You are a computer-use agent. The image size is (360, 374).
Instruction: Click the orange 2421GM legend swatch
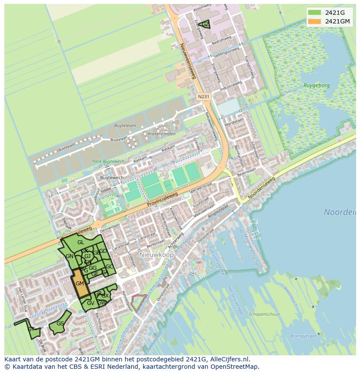[x=316, y=21]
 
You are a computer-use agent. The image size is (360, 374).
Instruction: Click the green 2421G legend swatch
[x=316, y=13]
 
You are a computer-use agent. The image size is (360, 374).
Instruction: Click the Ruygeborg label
[x=317, y=86]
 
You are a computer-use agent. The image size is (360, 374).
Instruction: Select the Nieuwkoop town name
[x=157, y=255]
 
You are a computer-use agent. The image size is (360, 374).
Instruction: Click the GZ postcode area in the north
[x=205, y=24]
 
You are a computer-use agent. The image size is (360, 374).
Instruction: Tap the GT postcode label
[x=31, y=329]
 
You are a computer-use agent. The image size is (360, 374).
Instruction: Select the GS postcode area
[x=60, y=324]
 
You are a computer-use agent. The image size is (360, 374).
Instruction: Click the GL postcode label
[x=81, y=242]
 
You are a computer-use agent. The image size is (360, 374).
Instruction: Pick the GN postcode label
[x=70, y=256]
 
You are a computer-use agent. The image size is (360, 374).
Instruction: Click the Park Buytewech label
[x=108, y=162]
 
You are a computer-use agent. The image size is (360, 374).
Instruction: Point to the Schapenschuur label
[x=264, y=314]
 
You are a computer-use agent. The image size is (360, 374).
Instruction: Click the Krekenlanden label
[x=162, y=134]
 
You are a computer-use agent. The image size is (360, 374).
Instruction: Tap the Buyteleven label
[x=125, y=126]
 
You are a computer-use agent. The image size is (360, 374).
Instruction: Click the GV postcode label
[x=90, y=303]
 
